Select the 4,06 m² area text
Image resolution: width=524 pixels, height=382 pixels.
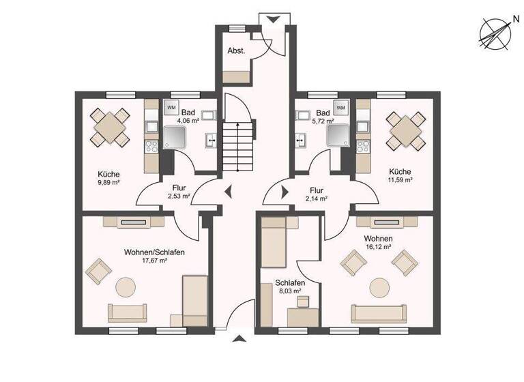pos(188,121)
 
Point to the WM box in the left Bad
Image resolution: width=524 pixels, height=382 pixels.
pos(171,107)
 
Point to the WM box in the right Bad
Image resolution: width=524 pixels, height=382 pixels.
pos(340,107)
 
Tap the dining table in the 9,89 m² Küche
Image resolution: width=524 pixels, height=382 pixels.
pos(111,126)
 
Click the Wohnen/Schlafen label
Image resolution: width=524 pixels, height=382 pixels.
pos(155,252)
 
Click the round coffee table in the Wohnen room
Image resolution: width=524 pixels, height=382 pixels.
pos(380,286)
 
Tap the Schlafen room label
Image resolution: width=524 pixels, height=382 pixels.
pos(289,282)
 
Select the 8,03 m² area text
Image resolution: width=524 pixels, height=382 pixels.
pos(289,291)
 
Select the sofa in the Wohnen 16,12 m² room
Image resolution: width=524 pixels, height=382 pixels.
pos(379,314)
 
